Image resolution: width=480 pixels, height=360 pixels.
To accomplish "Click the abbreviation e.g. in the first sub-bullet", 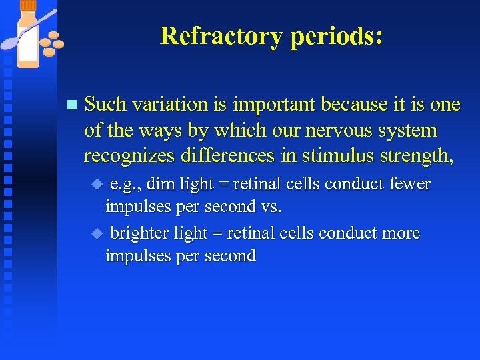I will (124, 183).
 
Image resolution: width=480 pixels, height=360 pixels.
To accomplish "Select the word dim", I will (157, 183).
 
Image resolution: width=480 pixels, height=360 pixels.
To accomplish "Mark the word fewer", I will (408, 183).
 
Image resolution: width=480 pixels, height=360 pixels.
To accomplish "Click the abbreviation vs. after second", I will (270, 206).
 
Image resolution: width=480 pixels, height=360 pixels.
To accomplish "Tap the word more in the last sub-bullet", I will (401, 233).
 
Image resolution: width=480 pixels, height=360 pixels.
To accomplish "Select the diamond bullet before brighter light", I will (97, 233).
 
